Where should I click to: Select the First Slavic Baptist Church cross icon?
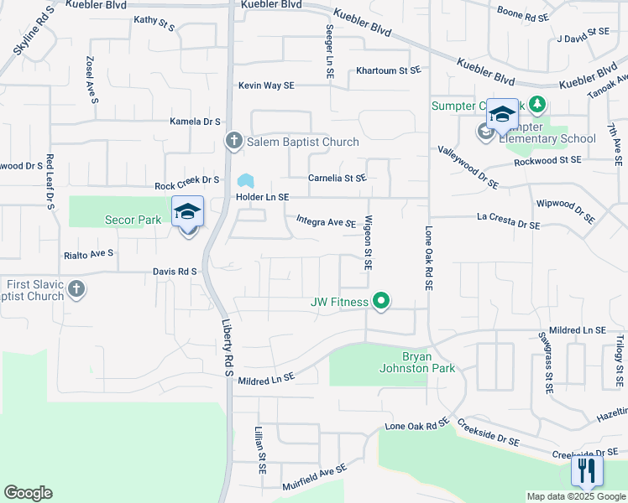[x=76, y=290]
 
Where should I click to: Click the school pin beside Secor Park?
[x=188, y=213]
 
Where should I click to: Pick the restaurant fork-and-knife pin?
[x=587, y=470]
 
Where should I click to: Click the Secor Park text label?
[x=133, y=220]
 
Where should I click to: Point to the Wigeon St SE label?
[x=368, y=243]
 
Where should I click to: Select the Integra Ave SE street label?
[x=327, y=221]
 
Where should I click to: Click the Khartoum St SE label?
[x=387, y=71]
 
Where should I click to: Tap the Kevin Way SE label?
[x=266, y=86]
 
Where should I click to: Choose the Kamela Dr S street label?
[x=195, y=122]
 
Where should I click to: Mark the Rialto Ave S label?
[x=88, y=252]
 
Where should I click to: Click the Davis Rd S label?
[x=175, y=272]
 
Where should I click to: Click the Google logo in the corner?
[x=28, y=493]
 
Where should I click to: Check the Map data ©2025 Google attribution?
[x=575, y=496]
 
